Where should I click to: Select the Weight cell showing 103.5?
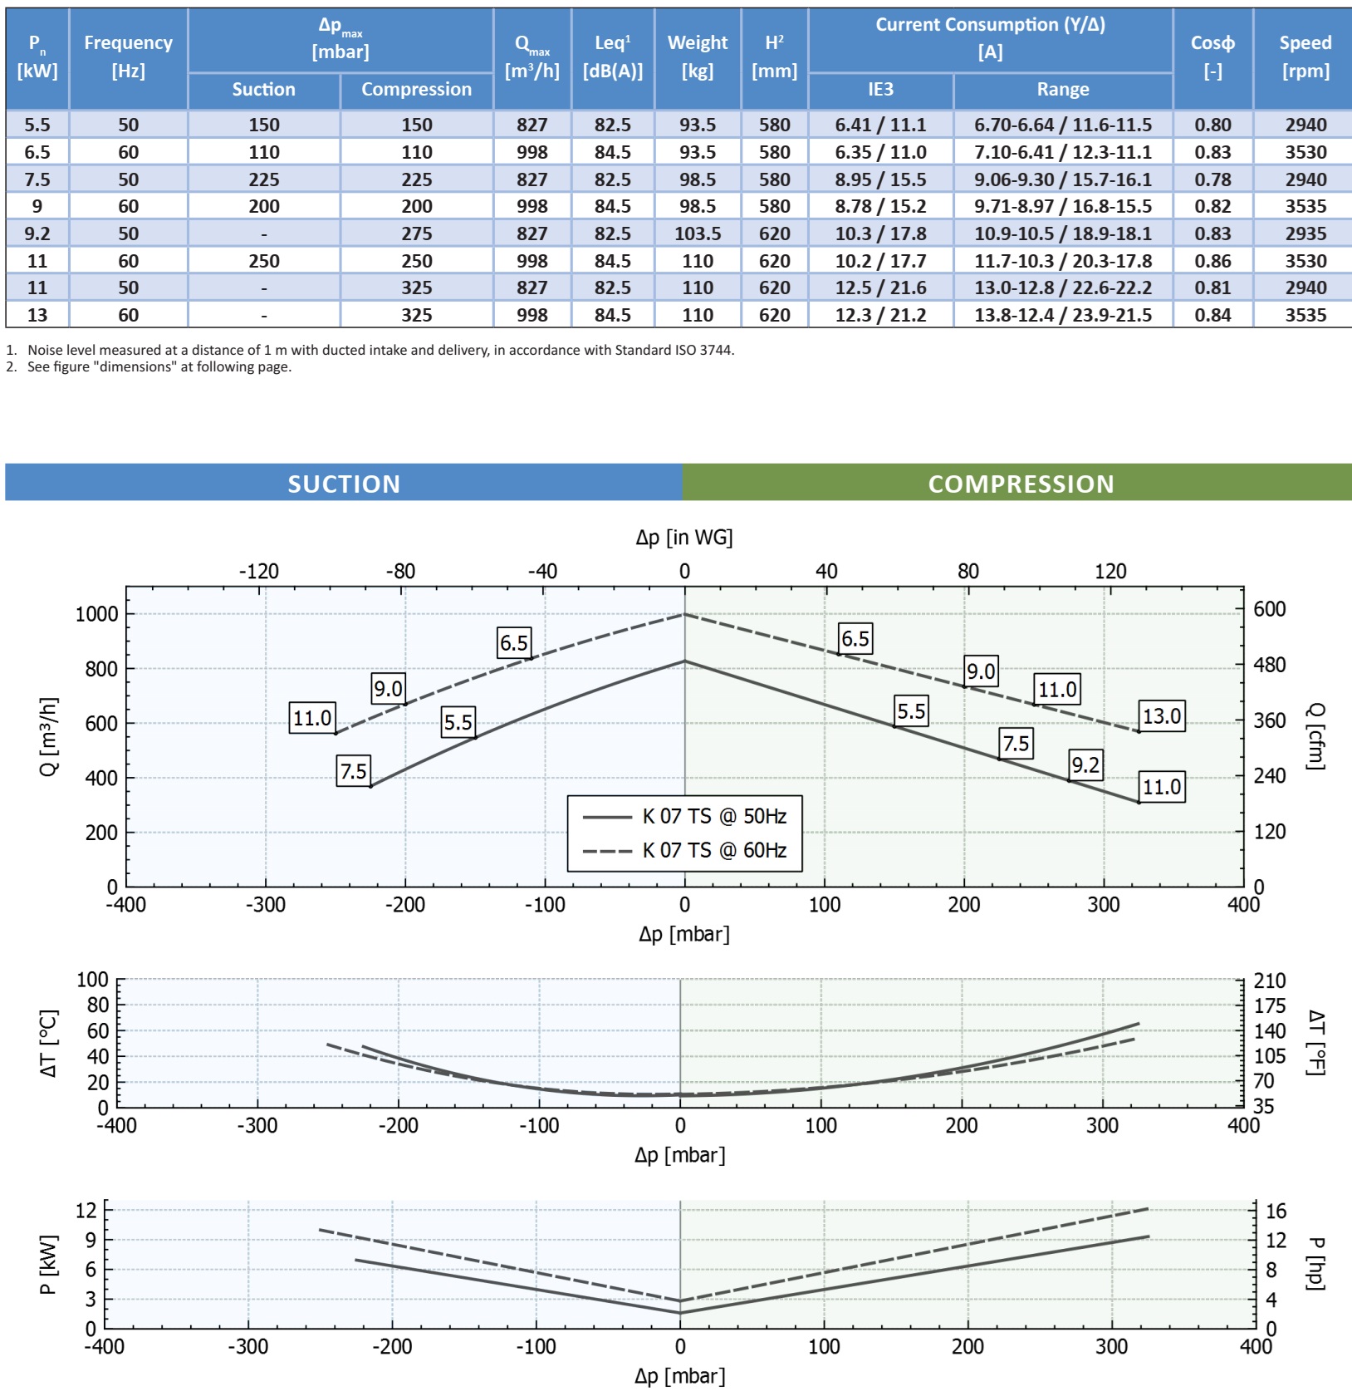698,233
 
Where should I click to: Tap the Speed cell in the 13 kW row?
1305,315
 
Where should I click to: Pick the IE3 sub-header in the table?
880,90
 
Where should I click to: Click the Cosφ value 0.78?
1212,179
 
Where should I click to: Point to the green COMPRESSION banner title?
1021,484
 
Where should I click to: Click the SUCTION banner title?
344,484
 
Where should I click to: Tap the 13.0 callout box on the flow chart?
1161,716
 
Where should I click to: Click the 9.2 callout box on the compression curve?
1085,764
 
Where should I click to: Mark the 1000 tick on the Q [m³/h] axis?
96,614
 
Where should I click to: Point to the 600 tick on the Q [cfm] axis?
1270,609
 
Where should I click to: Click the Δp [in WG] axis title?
684,538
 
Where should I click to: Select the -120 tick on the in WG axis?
258,572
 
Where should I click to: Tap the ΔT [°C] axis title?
49,1044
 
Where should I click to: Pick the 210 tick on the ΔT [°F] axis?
1270,981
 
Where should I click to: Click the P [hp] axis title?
1315,1263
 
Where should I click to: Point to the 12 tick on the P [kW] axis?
86,1210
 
